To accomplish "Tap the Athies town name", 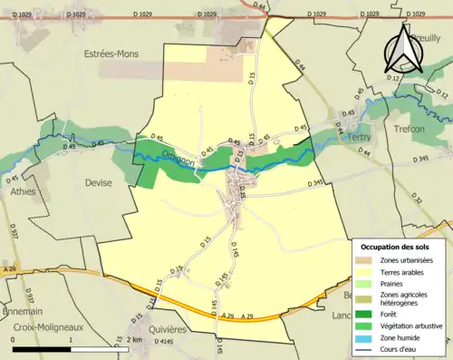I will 23,192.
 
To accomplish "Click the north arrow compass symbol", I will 400,50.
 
